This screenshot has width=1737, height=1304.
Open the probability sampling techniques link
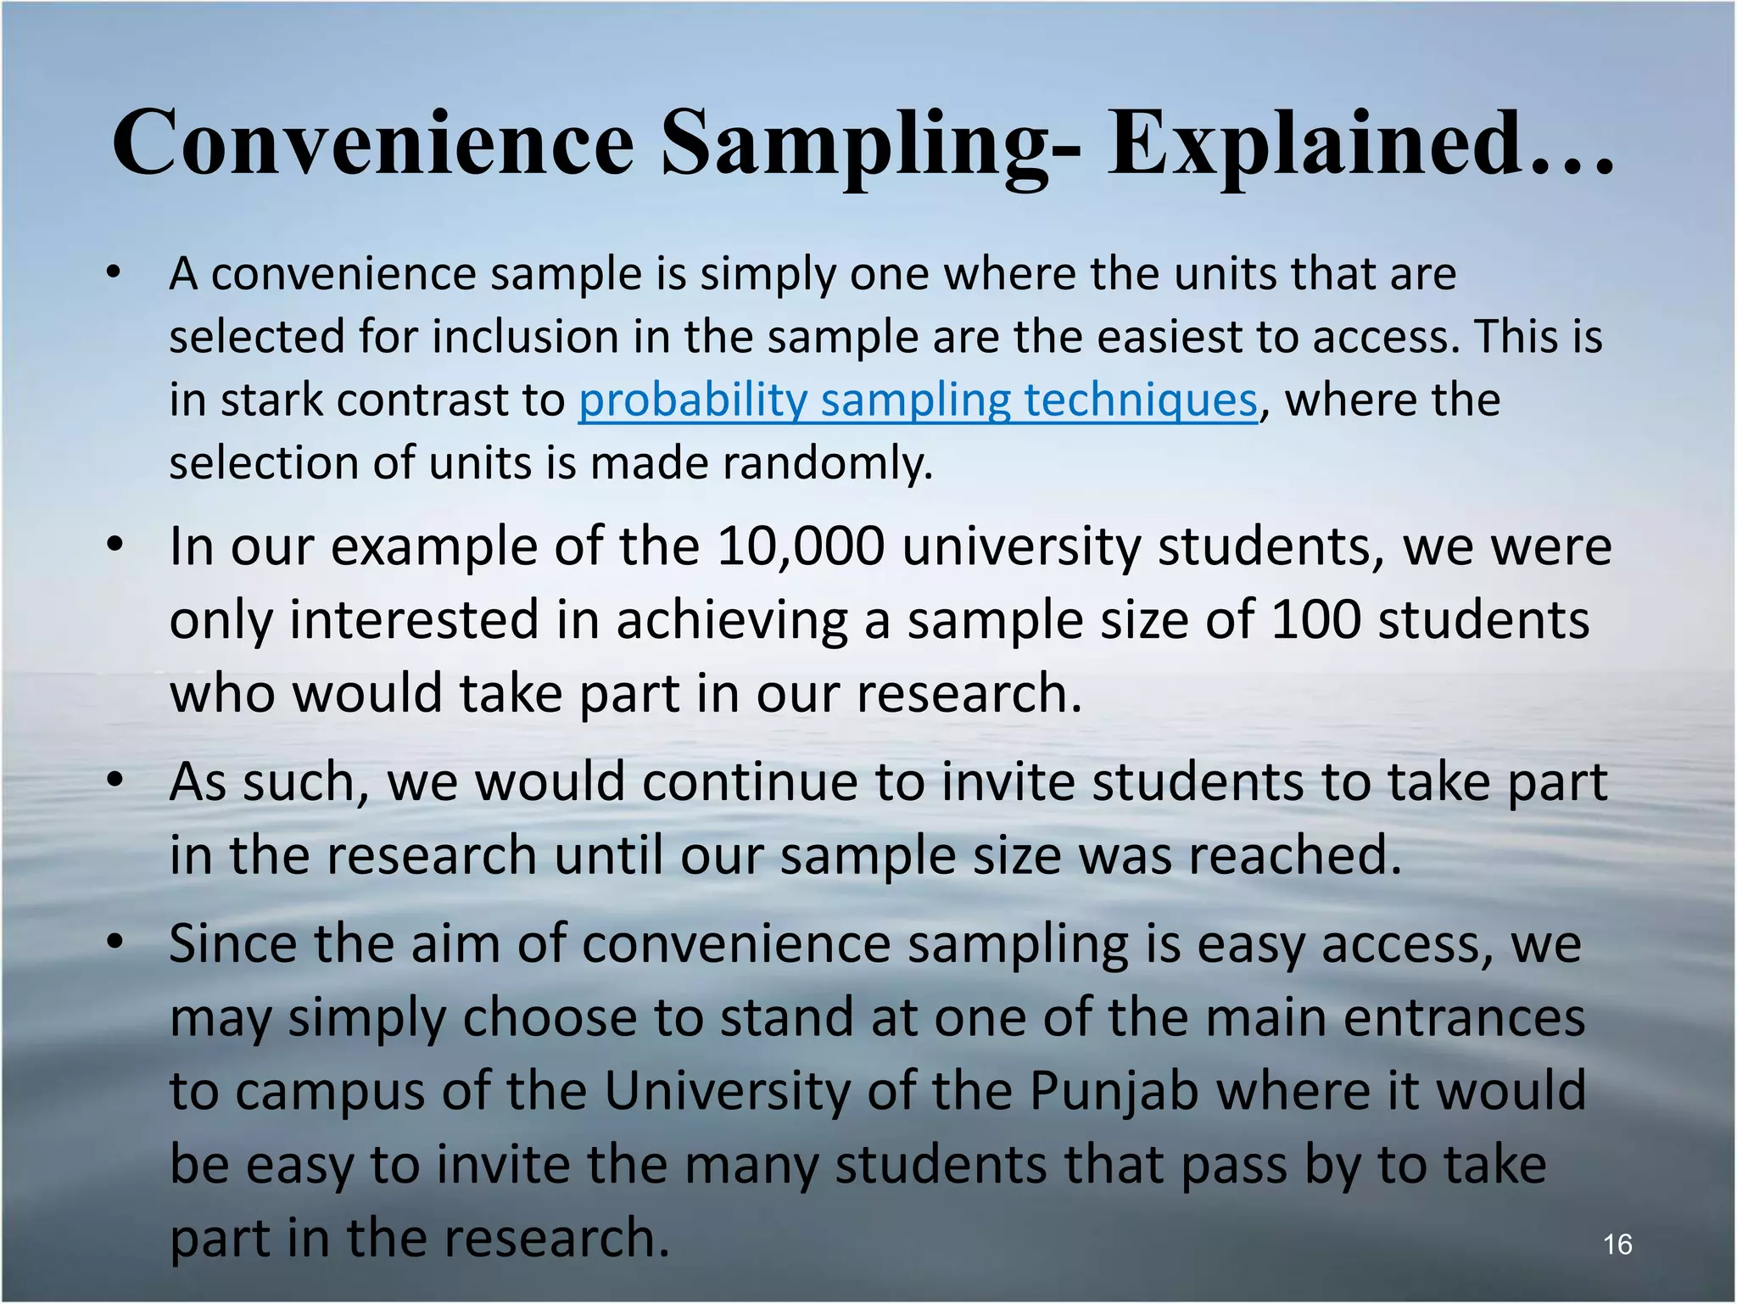point(917,400)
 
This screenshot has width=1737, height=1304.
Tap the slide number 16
point(1617,1245)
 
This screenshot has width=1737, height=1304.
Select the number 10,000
point(800,547)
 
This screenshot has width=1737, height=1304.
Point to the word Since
point(233,943)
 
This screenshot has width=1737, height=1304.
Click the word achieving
point(731,621)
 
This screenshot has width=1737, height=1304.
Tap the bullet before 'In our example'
point(115,546)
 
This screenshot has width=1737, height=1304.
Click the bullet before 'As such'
point(115,781)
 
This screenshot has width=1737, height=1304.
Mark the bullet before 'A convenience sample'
point(114,273)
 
